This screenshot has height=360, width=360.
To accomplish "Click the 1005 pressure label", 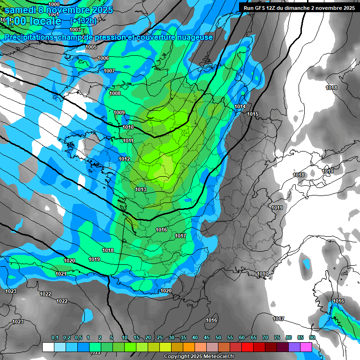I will [91, 47].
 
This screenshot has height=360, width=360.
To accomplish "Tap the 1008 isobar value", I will [115, 93].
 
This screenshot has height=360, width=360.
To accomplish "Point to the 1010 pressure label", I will [128, 127].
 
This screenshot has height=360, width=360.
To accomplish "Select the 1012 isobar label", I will [124, 159].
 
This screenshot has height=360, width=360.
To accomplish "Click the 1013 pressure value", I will [141, 189].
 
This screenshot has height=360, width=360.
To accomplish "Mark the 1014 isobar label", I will [240, 107].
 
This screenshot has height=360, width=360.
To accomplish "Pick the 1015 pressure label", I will [253, 114].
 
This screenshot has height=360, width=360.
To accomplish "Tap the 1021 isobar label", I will [61, 274].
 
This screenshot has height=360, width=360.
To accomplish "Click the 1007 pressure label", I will [109, 71].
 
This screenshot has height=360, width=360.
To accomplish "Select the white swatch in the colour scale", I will [48, 347].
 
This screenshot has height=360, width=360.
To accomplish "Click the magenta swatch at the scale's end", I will [306, 347].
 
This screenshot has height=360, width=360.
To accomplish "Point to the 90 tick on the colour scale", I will [312, 337].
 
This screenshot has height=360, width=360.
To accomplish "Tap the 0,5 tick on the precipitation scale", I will [78, 337].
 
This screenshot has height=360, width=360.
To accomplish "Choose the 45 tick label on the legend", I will [207, 337].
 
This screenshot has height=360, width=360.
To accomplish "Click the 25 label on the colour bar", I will [160, 337].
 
